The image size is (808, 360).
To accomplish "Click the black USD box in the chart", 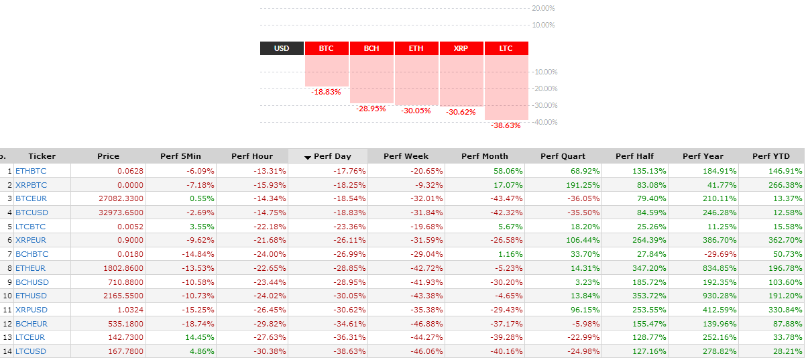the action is click(282, 48).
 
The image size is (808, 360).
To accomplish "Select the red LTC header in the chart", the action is click(506, 48).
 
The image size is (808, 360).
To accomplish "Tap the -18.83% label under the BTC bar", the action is click(326, 92).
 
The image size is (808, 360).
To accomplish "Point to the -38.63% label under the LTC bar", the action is click(506, 125).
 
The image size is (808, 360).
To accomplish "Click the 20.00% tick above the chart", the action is click(543, 8).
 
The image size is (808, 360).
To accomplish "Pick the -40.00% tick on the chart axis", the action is click(544, 122).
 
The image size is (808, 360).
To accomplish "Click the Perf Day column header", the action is click(332, 156).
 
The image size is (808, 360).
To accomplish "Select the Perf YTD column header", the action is click(771, 156).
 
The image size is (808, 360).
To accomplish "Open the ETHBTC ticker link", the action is click(31, 171).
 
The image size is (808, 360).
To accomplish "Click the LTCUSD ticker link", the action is click(31, 351).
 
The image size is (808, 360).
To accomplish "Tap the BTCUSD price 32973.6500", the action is click(121, 213).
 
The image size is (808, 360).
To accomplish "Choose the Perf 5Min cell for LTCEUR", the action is click(199, 337).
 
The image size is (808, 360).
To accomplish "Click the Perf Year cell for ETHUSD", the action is click(719, 296).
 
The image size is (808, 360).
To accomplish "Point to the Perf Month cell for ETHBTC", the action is click(508, 171).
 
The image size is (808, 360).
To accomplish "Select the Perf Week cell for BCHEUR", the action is click(426, 324).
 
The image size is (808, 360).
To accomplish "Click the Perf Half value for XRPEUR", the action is click(649, 240).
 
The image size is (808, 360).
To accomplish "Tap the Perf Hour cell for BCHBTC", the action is click(270, 254).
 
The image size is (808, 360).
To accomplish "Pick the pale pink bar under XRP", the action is click(461, 80).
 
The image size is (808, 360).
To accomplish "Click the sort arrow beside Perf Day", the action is click(308, 158).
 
